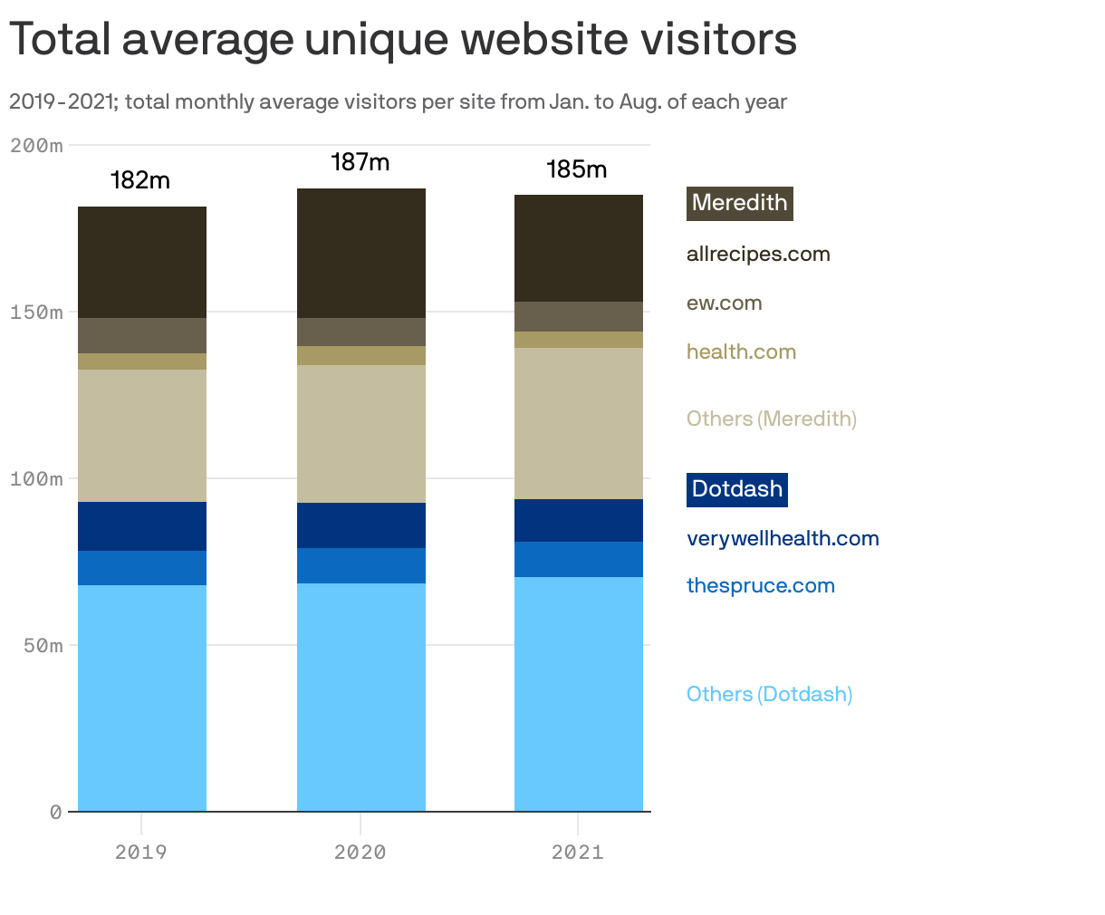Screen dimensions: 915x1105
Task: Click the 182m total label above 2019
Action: pyautogui.click(x=140, y=180)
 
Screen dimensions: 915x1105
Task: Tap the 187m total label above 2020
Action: pyautogui.click(x=360, y=162)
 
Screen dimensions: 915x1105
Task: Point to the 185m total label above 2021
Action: pyautogui.click(x=577, y=169)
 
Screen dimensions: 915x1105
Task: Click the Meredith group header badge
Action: pyautogui.click(x=739, y=203)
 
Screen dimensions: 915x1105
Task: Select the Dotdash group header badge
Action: pyautogui.click(x=736, y=489)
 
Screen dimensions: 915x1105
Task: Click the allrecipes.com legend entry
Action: pyautogui.click(x=758, y=255)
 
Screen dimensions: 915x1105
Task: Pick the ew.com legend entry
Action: pyautogui.click(x=724, y=303)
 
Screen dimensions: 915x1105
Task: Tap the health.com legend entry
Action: pyautogui.click(x=741, y=352)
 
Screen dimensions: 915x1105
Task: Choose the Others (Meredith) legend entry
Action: pyautogui.click(x=771, y=419)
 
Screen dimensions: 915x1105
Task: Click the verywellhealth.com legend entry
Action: pyautogui.click(x=783, y=539)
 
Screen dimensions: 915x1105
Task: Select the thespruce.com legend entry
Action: pyautogui.click(x=760, y=586)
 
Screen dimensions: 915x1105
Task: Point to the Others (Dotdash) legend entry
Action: pyautogui.click(x=769, y=695)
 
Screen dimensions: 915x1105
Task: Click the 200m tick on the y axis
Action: pyautogui.click(x=36, y=145)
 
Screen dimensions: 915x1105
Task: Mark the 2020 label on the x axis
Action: pyautogui.click(x=360, y=852)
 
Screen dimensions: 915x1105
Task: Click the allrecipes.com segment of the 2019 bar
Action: pyautogui.click(x=142, y=263)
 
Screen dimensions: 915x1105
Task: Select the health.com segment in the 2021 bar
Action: pyautogui.click(x=579, y=340)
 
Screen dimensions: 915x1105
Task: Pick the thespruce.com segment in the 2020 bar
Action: pyautogui.click(x=361, y=565)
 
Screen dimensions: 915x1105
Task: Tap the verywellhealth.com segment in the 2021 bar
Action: pyautogui.click(x=579, y=520)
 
